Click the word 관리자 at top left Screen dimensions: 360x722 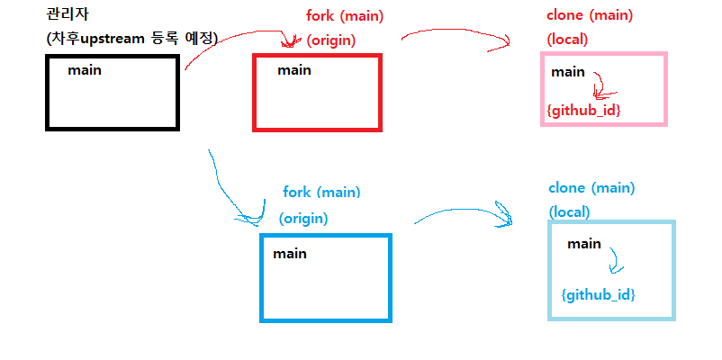66,16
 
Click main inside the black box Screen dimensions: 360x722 84,70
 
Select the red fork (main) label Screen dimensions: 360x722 341,16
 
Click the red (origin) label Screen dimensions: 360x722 331,40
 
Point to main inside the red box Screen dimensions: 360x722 293,70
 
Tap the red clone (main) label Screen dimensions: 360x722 590,16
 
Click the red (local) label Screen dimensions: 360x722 567,40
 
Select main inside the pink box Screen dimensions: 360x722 568,72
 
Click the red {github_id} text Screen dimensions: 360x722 583,109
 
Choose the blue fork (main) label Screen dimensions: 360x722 321,193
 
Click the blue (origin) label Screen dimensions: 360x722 303,218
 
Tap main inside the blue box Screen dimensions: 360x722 290,254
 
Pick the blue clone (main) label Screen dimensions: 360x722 591,188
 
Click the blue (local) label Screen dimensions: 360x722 569,212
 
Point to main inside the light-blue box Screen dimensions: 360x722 583,244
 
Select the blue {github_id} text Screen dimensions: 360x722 598,294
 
